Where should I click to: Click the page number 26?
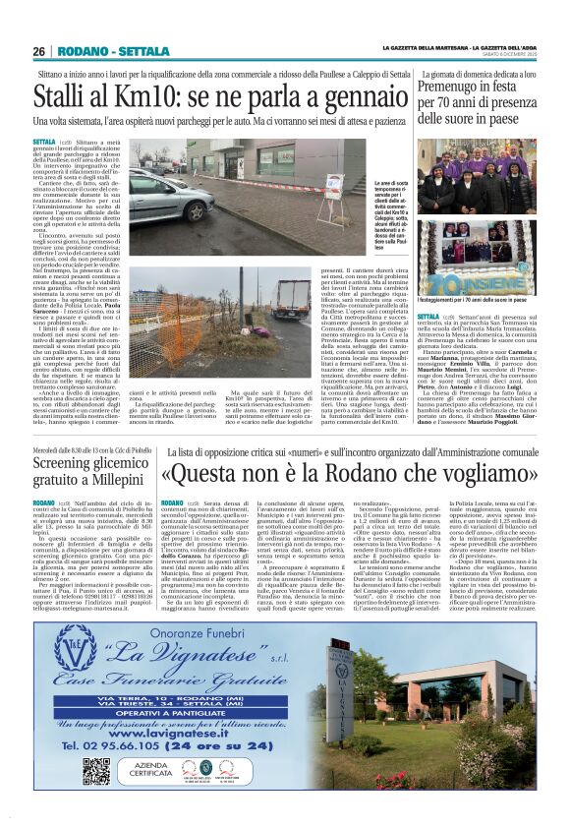(x=39, y=50)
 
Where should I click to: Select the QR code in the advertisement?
(x=95, y=769)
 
